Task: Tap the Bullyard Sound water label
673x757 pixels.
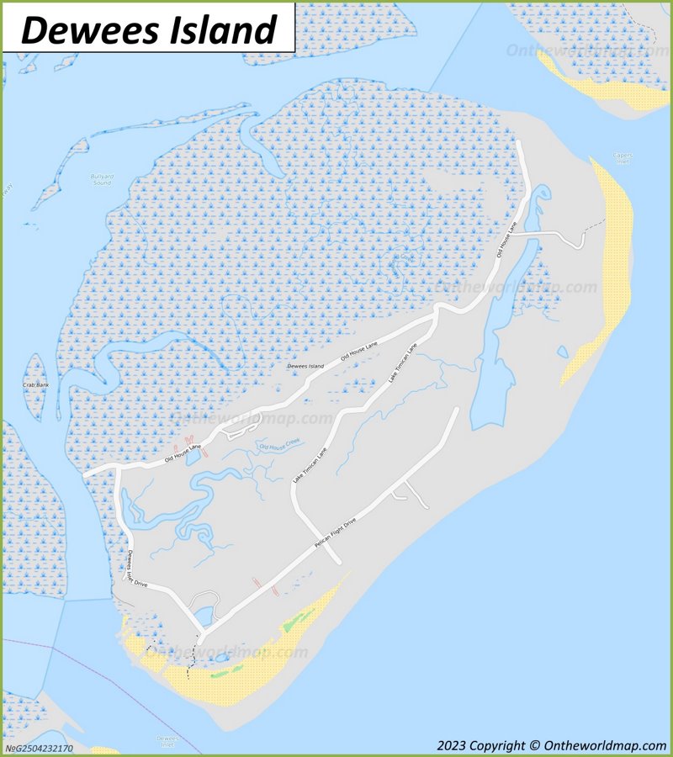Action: click(101, 179)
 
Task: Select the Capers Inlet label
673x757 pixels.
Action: click(623, 157)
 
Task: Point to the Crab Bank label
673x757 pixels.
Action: click(36, 384)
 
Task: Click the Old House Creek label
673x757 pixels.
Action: click(279, 445)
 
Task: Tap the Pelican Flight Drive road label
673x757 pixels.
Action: click(336, 534)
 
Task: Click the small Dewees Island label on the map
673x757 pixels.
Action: click(305, 366)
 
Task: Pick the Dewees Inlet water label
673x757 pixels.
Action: click(167, 741)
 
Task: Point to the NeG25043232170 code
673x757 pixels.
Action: click(39, 748)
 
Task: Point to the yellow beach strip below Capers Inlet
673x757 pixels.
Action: click(610, 269)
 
